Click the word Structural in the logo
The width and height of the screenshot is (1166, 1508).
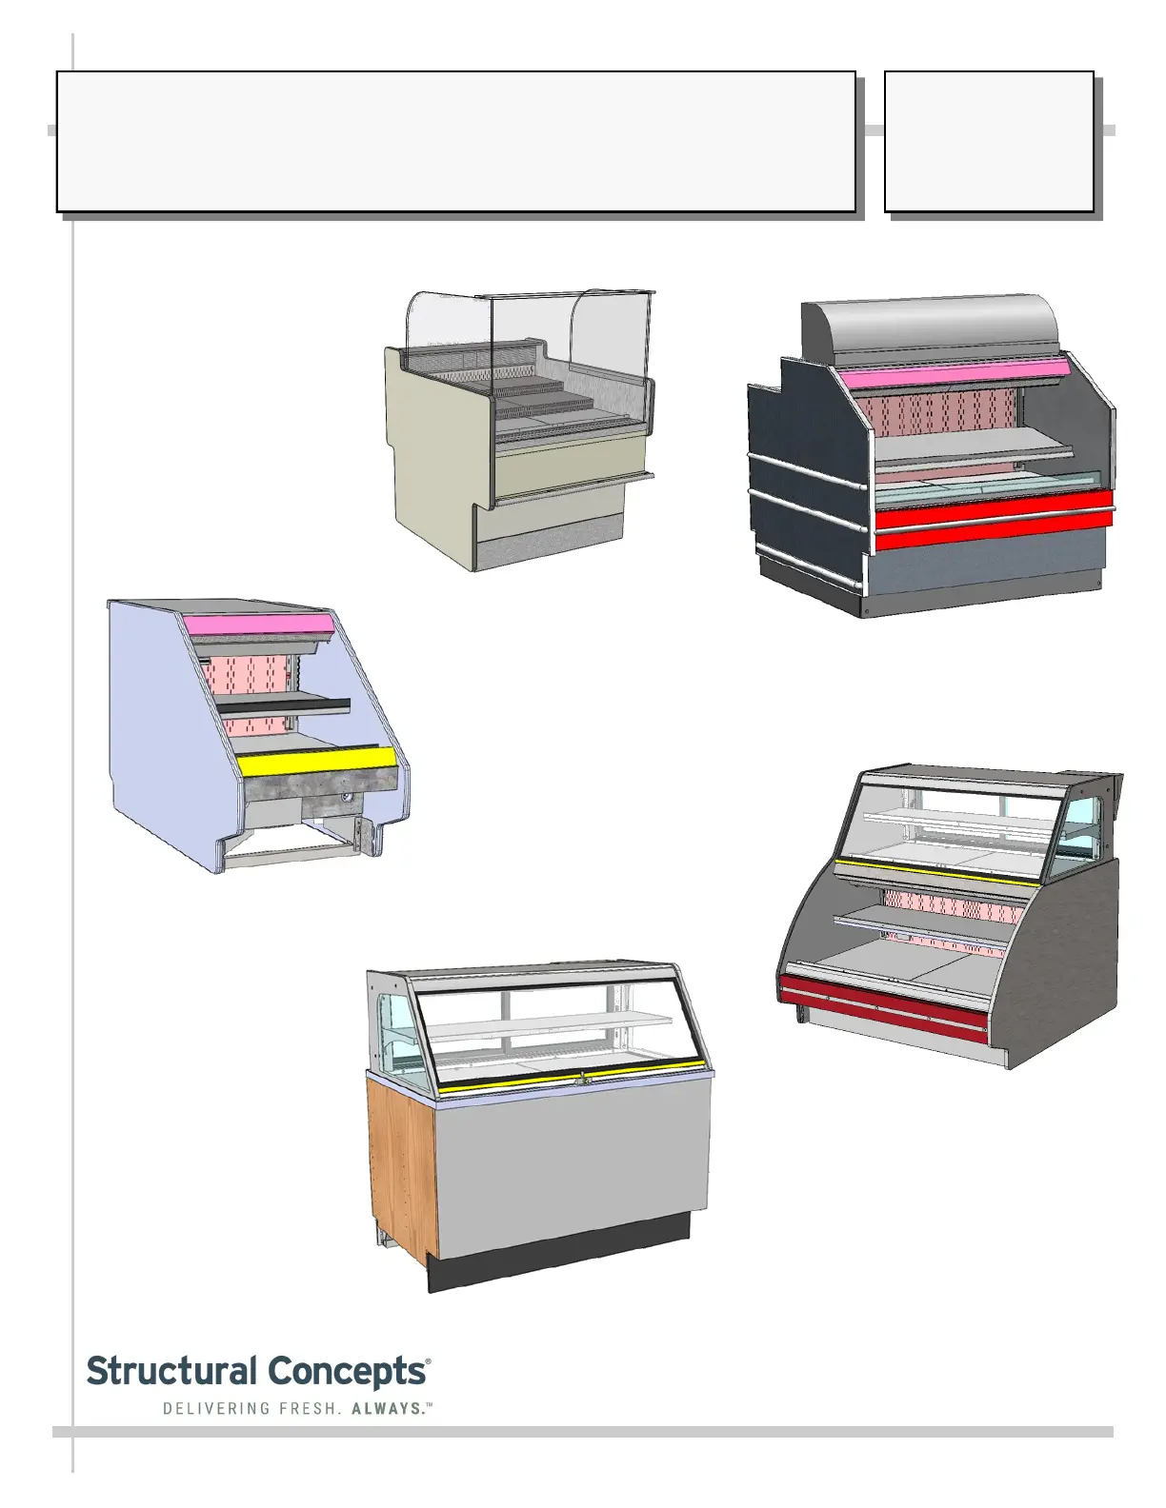(x=171, y=1372)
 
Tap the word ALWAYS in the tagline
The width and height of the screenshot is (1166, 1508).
(x=387, y=1408)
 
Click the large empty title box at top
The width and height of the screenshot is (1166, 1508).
(x=455, y=141)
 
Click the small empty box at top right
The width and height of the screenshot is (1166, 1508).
(x=988, y=141)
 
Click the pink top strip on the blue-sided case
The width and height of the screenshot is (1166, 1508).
(x=257, y=625)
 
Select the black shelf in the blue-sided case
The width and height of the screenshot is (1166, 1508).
(x=282, y=705)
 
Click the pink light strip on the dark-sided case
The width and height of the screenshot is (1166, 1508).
(x=953, y=374)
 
